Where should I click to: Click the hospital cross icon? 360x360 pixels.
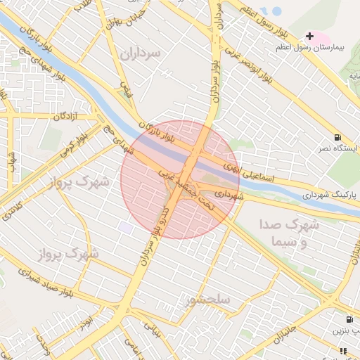309,36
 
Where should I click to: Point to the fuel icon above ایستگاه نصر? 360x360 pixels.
340,137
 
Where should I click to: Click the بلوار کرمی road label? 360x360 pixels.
72,139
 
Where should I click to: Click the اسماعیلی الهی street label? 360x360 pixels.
243,168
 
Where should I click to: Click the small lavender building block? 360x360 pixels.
127,227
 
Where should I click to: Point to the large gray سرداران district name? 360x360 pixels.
140,52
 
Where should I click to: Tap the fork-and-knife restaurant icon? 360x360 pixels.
343,350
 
